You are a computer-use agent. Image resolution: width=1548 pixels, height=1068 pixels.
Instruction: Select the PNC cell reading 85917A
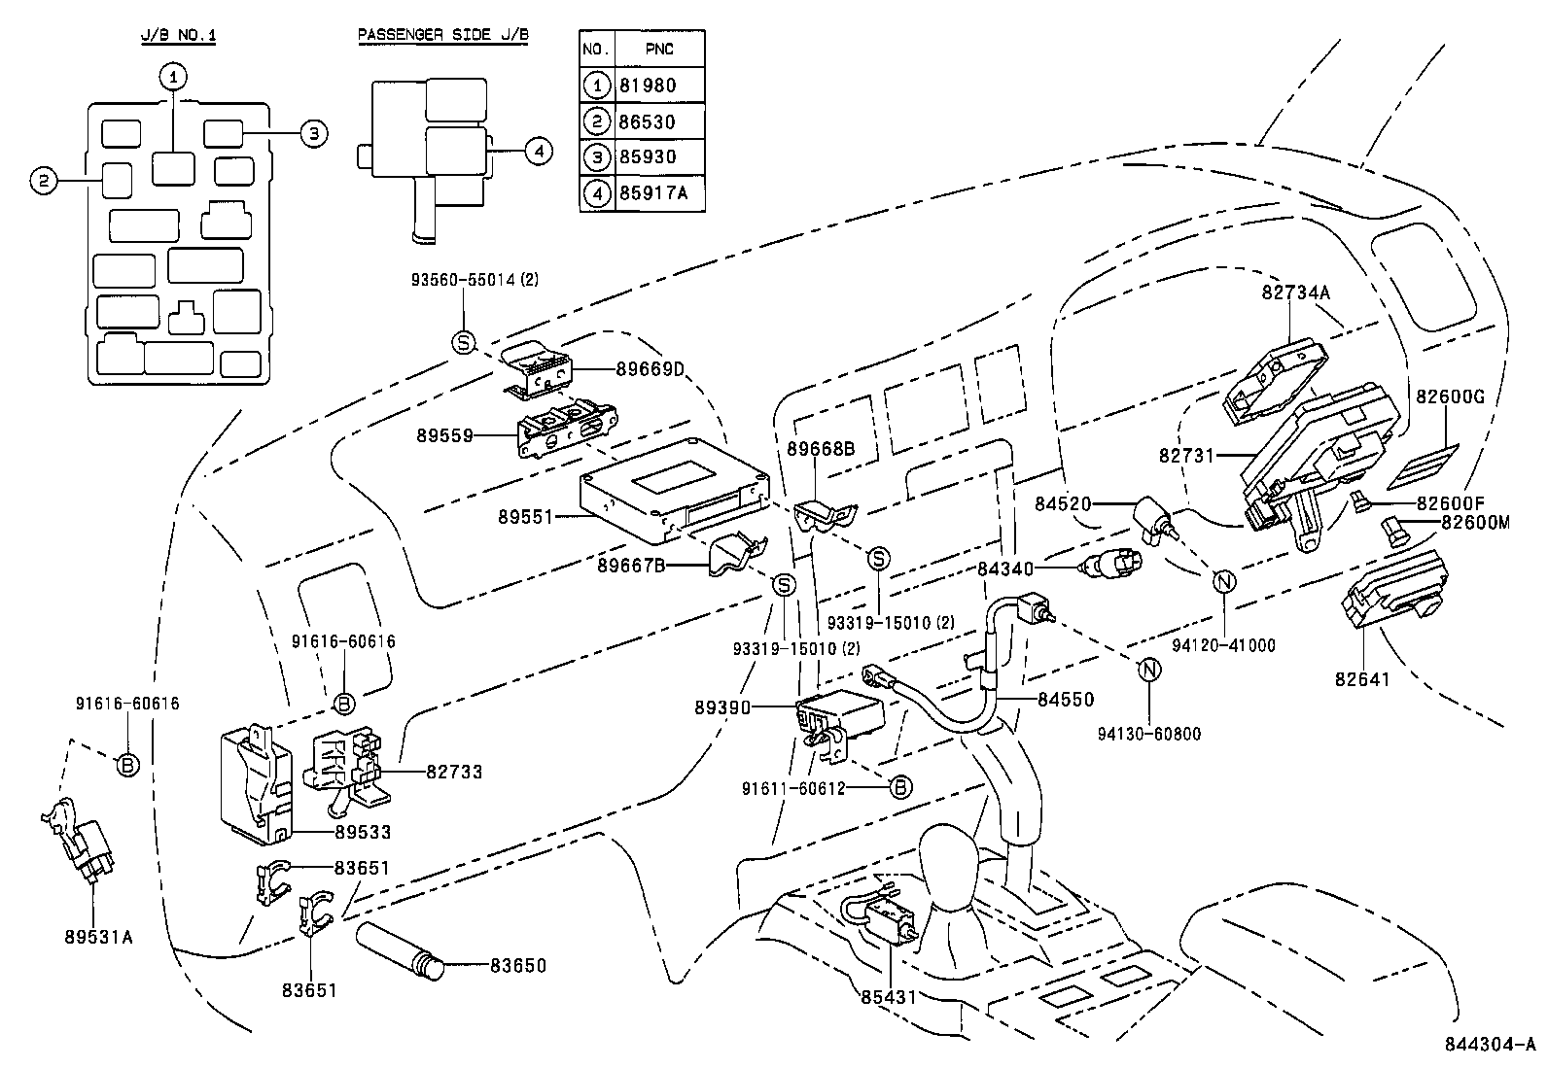(x=652, y=193)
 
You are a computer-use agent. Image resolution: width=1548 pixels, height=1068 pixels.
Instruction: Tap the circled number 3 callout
(x=312, y=133)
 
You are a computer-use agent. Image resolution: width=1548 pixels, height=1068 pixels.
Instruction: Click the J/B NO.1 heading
(x=178, y=36)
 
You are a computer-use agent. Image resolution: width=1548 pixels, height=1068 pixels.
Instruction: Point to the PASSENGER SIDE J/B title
(x=443, y=36)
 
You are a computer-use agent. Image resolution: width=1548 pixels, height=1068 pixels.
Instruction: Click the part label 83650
(x=517, y=966)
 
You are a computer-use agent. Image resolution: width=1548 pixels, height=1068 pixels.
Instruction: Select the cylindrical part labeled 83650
(x=399, y=951)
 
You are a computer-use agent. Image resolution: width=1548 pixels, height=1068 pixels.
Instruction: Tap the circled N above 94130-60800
(x=1149, y=670)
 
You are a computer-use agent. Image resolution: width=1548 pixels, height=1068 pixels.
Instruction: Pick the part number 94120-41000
(x=1224, y=645)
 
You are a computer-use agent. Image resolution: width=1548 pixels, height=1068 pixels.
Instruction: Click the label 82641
(x=1362, y=679)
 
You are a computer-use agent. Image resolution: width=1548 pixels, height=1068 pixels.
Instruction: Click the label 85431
(x=890, y=997)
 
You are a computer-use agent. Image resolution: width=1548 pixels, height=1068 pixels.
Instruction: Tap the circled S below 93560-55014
(x=464, y=342)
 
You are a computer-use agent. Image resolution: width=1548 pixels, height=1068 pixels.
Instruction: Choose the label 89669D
(x=651, y=368)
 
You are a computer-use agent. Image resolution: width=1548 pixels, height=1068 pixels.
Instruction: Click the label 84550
(x=1065, y=699)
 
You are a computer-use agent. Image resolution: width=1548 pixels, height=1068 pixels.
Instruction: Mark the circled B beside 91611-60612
(x=900, y=786)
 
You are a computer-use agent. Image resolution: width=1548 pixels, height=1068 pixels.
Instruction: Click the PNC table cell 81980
(x=647, y=86)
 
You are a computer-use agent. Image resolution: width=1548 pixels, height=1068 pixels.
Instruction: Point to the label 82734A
(x=1295, y=293)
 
